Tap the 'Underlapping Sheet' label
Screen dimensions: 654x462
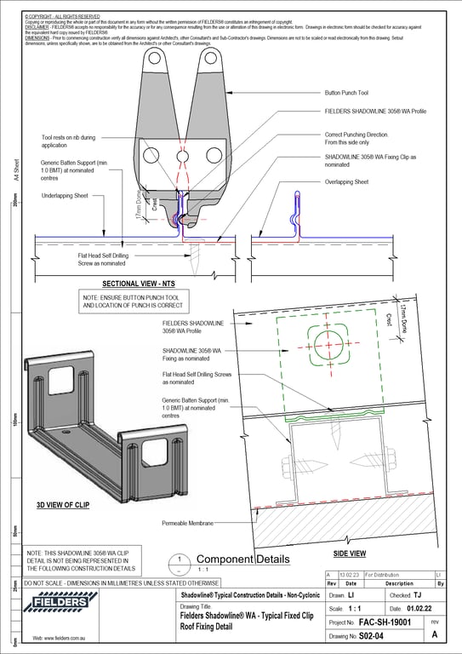70,195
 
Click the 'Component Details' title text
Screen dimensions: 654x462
231,559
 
